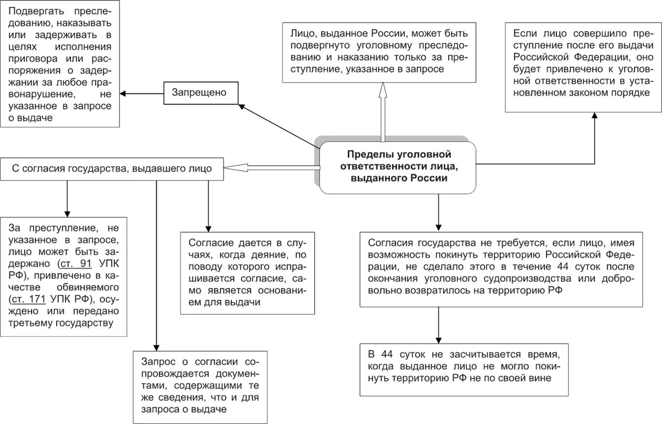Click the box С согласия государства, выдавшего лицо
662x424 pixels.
tap(112, 169)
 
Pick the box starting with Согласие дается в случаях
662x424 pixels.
tap(247, 273)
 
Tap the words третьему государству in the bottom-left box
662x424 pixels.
tap(61, 323)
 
